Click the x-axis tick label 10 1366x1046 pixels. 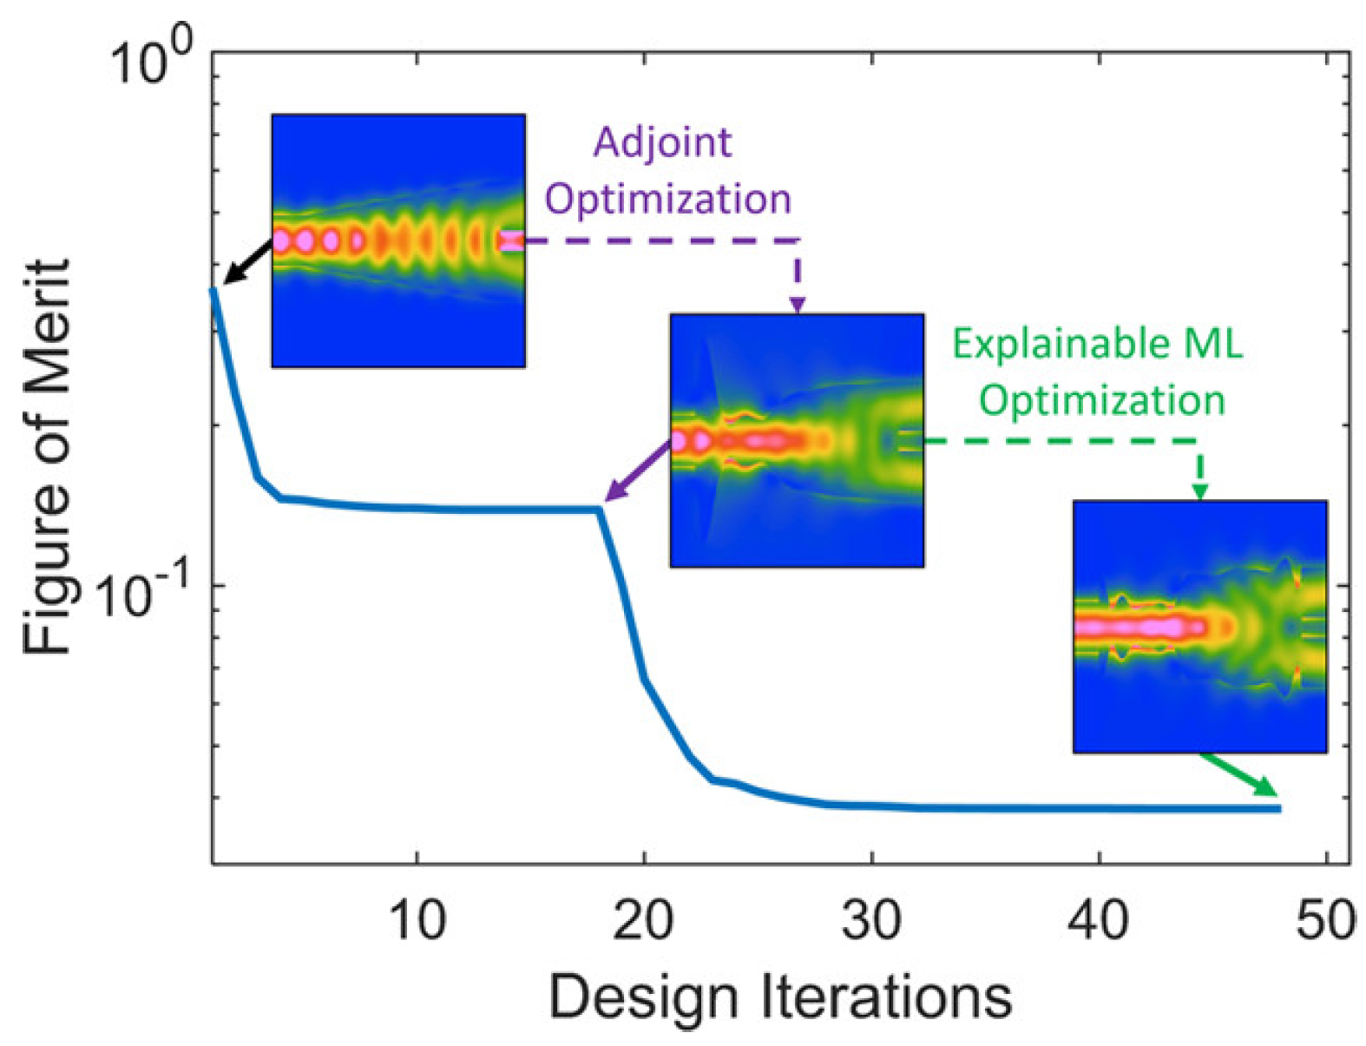tap(417, 919)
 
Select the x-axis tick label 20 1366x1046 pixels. tap(643, 919)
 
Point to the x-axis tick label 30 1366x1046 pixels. tap(870, 919)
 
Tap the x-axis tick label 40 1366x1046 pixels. tap(1099, 919)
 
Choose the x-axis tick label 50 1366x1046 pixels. tap(1324, 919)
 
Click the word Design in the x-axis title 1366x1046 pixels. tap(643, 997)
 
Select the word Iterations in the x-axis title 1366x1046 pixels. tap(887, 997)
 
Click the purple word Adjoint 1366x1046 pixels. tap(662, 142)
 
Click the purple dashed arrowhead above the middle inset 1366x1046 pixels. tap(797, 305)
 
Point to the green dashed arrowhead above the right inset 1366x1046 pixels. tap(1199, 491)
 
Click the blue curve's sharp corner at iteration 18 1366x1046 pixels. tap(599, 510)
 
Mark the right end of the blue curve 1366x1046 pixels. tap(1279, 808)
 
